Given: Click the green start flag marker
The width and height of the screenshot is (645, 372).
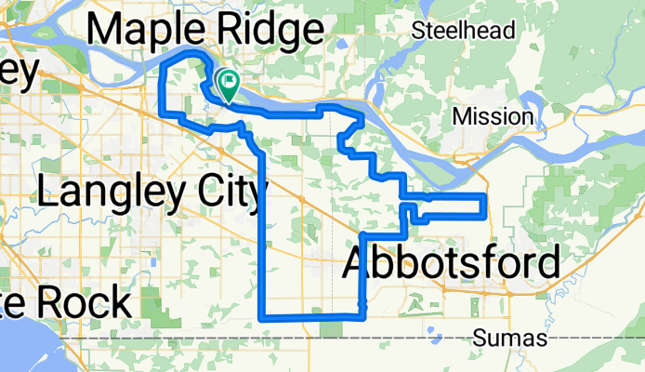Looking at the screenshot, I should point(227,85).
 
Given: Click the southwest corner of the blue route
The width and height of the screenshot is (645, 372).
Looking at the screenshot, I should point(263,316).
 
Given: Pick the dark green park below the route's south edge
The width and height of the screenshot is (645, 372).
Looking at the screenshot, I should point(331,328).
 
